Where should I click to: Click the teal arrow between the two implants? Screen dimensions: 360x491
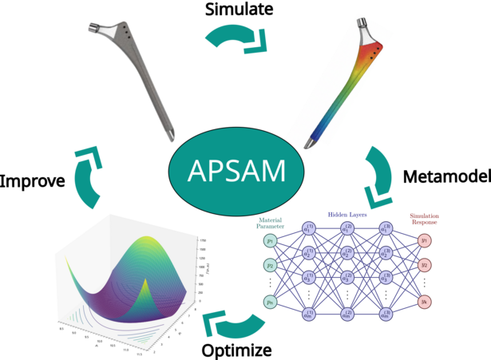(x=236, y=40)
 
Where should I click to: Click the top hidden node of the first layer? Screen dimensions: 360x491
(x=309, y=230)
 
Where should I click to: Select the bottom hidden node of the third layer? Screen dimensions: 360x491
(x=386, y=315)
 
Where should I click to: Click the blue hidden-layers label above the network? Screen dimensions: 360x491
(x=346, y=214)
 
